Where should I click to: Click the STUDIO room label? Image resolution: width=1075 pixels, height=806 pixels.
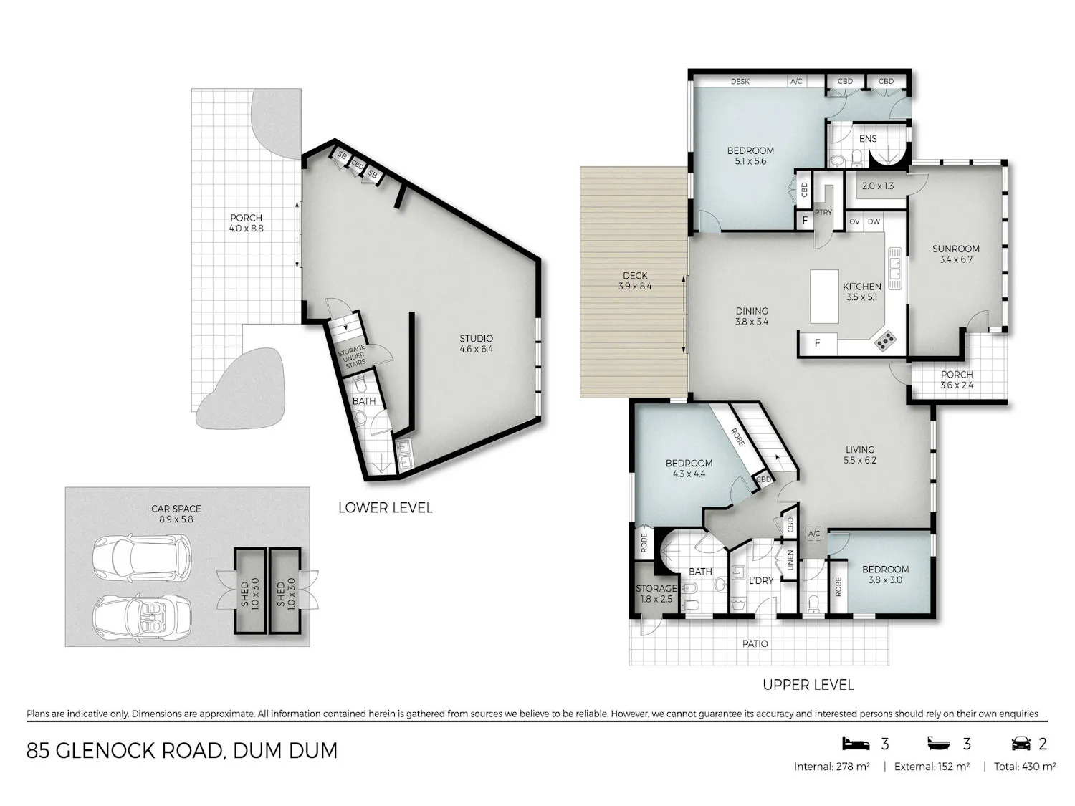476,338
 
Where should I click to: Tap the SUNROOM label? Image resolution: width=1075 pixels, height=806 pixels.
955,249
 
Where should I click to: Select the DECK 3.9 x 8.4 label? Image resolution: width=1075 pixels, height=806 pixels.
635,281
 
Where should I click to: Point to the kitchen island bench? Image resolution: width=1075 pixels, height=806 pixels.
824,297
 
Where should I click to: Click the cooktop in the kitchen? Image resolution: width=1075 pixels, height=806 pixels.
885,341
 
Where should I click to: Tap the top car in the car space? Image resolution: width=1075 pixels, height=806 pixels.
141,558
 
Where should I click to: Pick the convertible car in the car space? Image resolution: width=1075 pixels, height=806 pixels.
141,616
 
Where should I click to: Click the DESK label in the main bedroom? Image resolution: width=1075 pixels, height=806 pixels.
740,81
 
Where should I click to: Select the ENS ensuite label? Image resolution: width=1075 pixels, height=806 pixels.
868,139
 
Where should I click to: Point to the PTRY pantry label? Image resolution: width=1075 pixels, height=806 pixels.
823,212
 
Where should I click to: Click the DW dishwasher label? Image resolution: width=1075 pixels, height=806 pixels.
874,221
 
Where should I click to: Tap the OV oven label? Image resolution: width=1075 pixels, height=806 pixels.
854,221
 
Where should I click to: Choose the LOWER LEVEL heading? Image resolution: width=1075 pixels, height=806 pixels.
386,507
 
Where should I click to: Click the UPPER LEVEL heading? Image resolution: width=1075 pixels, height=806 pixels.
808,685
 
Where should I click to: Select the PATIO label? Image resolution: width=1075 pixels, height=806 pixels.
755,643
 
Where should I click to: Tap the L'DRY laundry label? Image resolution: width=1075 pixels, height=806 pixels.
761,580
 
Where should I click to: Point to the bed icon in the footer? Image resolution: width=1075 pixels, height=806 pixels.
856,743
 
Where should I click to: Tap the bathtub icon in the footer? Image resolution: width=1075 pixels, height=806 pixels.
938,744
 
